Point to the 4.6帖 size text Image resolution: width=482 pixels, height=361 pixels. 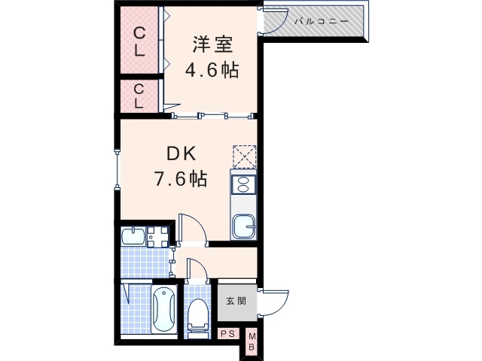212,71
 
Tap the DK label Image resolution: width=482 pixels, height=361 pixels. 181,154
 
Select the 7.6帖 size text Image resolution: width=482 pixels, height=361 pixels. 181,179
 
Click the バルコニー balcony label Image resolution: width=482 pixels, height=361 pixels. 321,21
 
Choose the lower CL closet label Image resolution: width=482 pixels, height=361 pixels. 140,96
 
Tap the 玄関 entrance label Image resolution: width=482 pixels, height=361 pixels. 236,301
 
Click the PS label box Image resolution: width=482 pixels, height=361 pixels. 227,334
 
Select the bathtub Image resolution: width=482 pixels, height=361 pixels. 163,310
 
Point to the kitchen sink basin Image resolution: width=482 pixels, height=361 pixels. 243,226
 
